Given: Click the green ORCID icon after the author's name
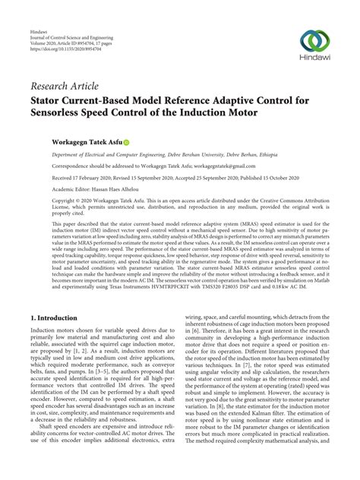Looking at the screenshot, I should point(126,141).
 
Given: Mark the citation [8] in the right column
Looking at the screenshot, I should point(226,432).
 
